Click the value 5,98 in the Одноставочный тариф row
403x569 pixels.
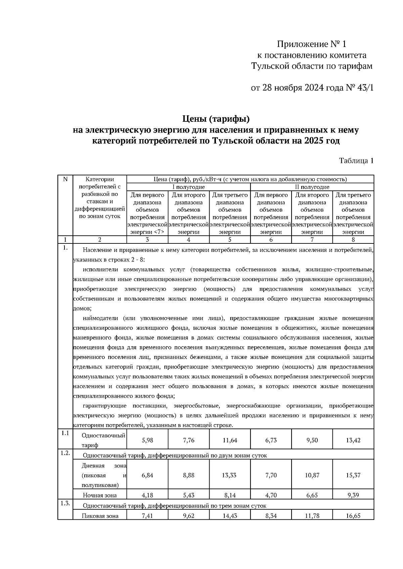(147, 440)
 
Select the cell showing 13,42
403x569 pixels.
(353, 440)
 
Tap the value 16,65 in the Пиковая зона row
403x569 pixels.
(353, 516)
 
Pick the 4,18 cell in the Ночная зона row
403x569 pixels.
(147, 495)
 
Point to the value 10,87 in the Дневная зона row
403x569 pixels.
(312, 475)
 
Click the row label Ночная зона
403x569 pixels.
(100, 495)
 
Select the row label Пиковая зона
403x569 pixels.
(100, 516)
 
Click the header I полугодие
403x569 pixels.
(188, 187)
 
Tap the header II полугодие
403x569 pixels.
(312, 187)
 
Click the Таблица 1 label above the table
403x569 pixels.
(356, 161)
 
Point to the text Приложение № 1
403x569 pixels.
(311, 44)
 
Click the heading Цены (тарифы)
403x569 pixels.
(216, 119)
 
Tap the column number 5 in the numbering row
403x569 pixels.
(230, 240)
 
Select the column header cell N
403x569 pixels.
(65, 179)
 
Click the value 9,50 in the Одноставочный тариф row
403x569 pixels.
(312, 440)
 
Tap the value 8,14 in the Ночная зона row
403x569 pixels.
(230, 495)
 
